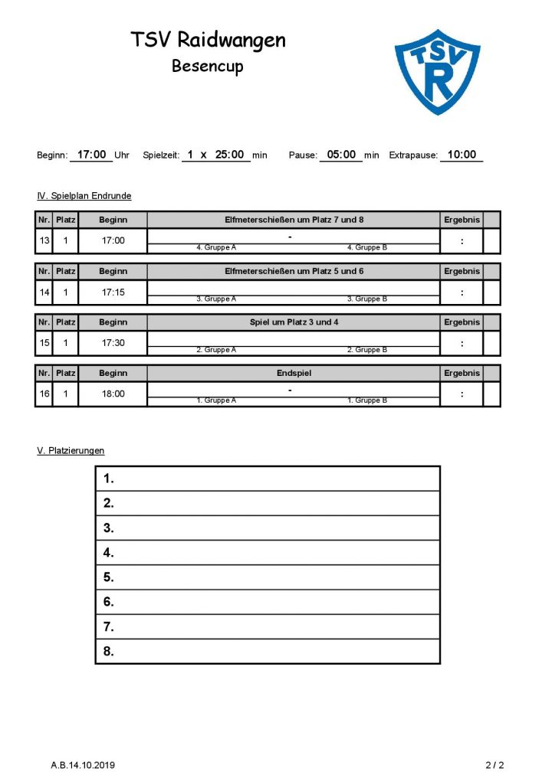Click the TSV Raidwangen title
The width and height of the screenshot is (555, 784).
click(x=208, y=40)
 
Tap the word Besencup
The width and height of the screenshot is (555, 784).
click(x=207, y=66)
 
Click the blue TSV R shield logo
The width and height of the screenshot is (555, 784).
click(x=437, y=70)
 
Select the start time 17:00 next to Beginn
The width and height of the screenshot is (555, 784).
click(x=92, y=155)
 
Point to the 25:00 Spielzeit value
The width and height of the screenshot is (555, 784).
click(x=229, y=155)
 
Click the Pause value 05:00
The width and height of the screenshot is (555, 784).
click(x=341, y=155)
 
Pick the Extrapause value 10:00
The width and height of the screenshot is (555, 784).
click(x=461, y=155)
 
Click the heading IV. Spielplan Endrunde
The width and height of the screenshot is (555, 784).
click(x=84, y=196)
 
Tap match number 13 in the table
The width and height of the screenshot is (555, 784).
click(x=44, y=240)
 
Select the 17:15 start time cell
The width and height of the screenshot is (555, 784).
click(x=113, y=292)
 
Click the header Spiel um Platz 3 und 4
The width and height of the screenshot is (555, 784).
click(x=294, y=322)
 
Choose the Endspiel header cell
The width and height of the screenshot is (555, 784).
click(x=294, y=374)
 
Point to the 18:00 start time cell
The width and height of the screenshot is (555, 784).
click(x=113, y=394)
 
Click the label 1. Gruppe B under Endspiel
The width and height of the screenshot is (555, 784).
click(x=367, y=400)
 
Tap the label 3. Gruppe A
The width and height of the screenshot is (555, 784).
click(x=216, y=299)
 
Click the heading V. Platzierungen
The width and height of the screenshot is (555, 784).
click(x=71, y=451)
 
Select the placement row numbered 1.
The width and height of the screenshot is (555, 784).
click(x=267, y=479)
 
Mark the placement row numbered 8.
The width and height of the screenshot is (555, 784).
click(x=267, y=652)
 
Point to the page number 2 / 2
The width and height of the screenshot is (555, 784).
click(x=494, y=764)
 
